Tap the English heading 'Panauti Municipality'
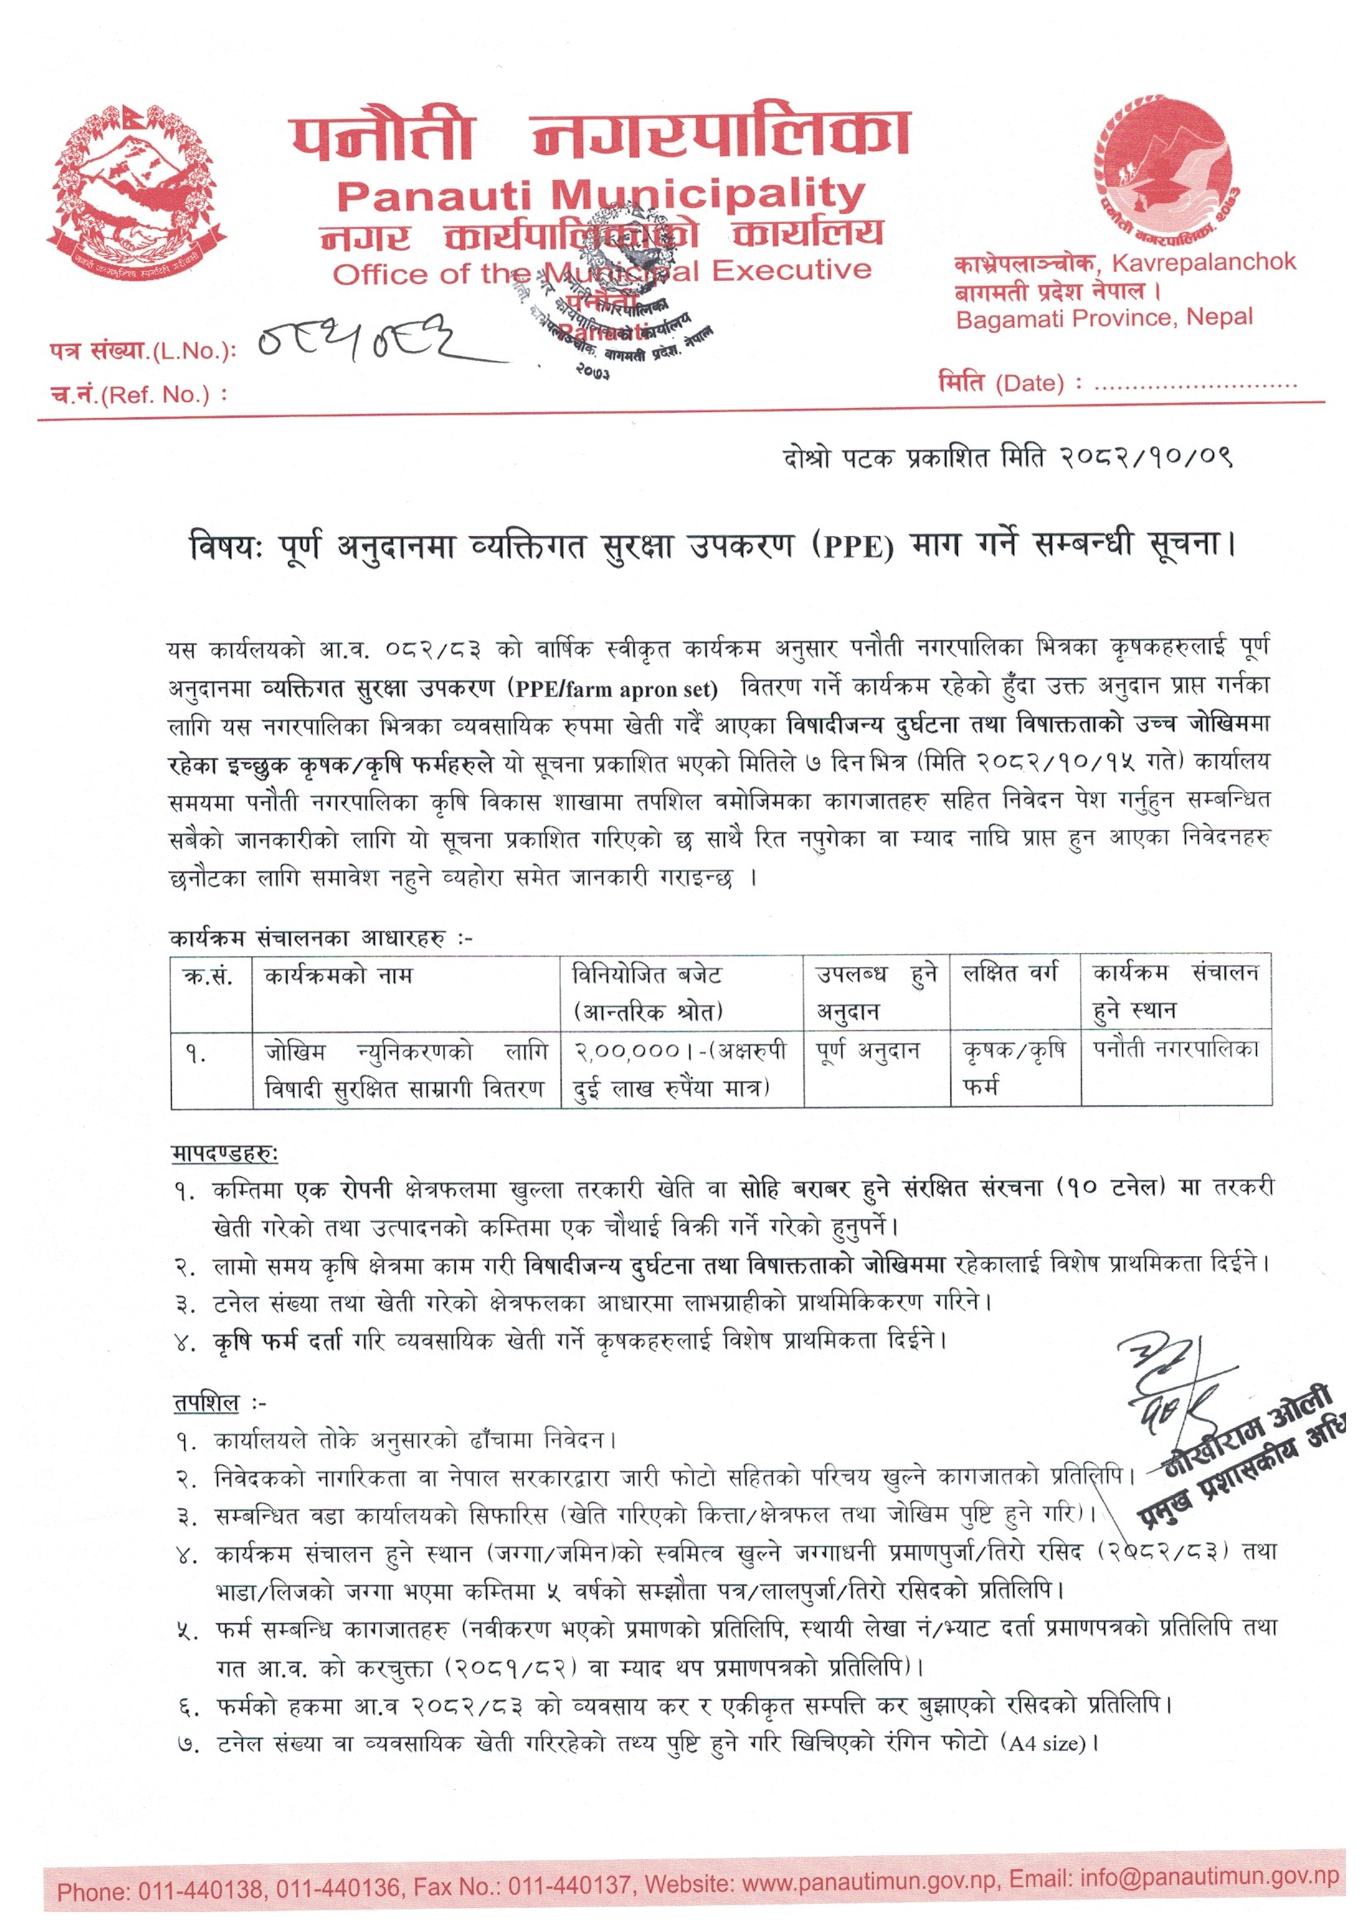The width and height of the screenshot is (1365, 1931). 600,195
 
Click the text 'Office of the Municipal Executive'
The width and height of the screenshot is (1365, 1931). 601,272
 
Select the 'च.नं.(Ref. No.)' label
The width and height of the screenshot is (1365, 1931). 139,395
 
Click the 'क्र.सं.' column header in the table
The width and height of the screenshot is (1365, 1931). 207,976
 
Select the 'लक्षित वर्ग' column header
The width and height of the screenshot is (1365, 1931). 1009,974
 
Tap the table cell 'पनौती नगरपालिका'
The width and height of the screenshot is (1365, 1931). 1176,1050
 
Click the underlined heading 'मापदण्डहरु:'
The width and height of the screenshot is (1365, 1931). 225,1154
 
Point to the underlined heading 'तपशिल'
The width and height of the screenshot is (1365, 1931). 207,1404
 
